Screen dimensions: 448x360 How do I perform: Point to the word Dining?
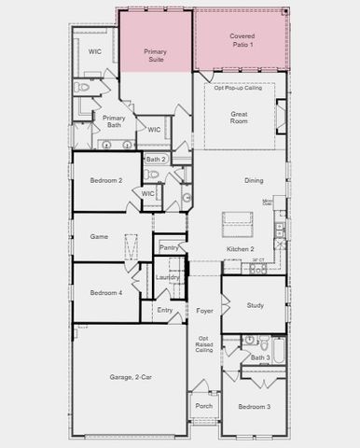coord(254,181)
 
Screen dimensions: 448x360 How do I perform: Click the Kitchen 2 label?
coord(241,250)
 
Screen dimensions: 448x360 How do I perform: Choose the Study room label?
coord(256,305)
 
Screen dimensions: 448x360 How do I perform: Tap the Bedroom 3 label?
coord(254,407)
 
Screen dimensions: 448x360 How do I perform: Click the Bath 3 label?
coord(260,357)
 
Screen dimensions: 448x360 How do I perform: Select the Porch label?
coord(203,406)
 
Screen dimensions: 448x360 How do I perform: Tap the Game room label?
coord(99,237)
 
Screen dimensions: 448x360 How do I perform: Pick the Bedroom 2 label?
coord(106,180)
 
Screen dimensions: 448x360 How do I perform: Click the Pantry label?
coord(169,247)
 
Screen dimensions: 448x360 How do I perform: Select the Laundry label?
coord(168,277)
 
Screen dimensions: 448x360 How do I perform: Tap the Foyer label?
coord(204,310)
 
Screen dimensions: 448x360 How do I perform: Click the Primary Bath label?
coord(114,122)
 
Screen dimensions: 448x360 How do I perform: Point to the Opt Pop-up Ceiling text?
coord(238,88)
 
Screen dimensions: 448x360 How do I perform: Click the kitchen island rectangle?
coord(237,224)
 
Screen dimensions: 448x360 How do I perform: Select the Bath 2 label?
coord(156,160)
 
